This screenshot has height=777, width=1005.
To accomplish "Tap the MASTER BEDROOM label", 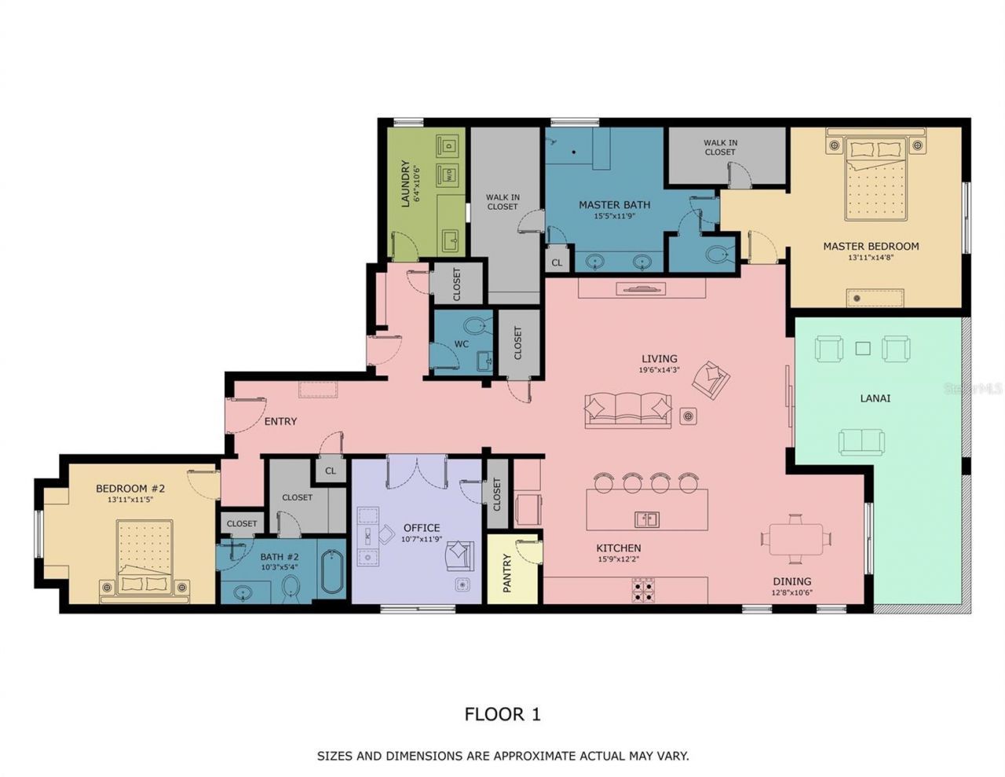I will click(870, 246).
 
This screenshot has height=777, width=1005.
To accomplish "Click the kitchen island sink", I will click(647, 519).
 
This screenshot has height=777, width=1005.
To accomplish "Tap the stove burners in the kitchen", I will click(644, 590).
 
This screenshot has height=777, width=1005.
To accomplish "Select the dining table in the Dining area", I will click(796, 539).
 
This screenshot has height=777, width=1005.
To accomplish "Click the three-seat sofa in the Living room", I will click(628, 409).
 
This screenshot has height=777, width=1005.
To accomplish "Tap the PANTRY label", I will click(507, 573).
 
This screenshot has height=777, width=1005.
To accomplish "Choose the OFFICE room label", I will click(422, 528).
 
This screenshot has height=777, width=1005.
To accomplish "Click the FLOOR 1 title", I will click(502, 714).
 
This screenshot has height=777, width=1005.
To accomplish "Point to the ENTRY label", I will click(280, 422).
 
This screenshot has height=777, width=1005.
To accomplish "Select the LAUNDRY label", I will click(406, 184).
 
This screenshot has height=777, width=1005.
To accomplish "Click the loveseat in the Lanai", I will click(861, 442).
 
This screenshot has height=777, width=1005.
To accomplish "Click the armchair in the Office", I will click(460, 556).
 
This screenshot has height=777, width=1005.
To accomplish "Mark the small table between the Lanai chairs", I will click(863, 348).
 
